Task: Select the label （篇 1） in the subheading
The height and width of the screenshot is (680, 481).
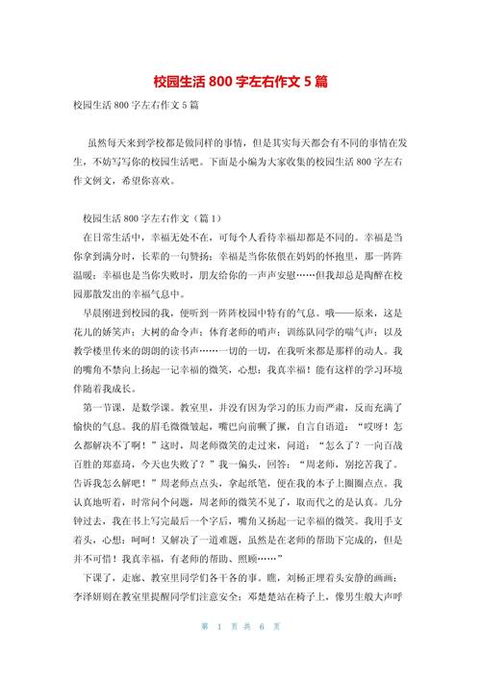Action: click(x=200, y=218)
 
